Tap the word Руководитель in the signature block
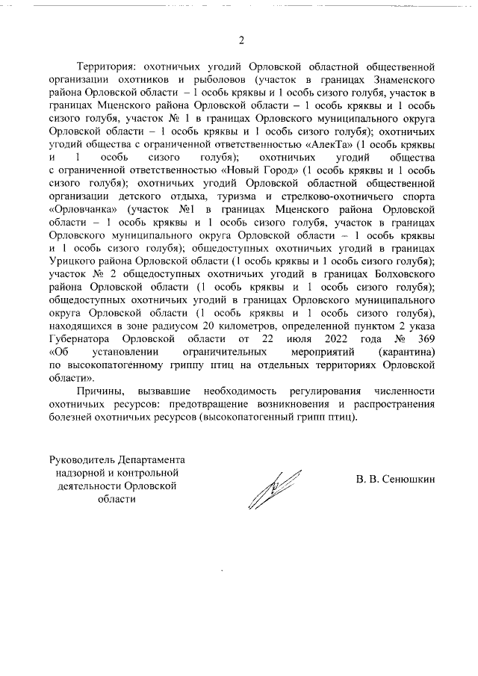click(81, 459)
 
